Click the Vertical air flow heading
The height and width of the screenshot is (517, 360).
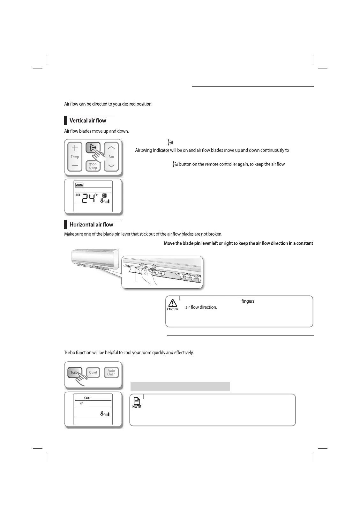(x=88, y=121)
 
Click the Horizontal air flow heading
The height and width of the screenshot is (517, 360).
(x=91, y=225)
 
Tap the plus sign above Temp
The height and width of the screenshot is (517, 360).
(x=75, y=148)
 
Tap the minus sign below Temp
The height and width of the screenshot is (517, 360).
(x=75, y=166)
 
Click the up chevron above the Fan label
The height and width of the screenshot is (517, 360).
(x=111, y=148)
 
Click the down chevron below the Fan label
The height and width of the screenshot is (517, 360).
(x=111, y=166)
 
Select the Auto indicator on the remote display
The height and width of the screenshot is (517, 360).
(x=79, y=185)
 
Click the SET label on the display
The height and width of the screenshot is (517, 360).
(x=78, y=195)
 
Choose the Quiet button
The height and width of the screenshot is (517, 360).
(x=93, y=373)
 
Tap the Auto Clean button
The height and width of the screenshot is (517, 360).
(x=111, y=373)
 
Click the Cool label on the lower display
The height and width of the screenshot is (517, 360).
(x=87, y=398)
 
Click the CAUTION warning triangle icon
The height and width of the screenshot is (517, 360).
(x=173, y=303)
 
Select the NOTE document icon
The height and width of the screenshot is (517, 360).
(x=137, y=401)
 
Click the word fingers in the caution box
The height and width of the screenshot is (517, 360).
(x=248, y=301)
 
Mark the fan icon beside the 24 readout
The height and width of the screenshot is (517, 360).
(x=102, y=201)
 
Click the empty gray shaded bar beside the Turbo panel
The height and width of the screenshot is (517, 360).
(x=180, y=387)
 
